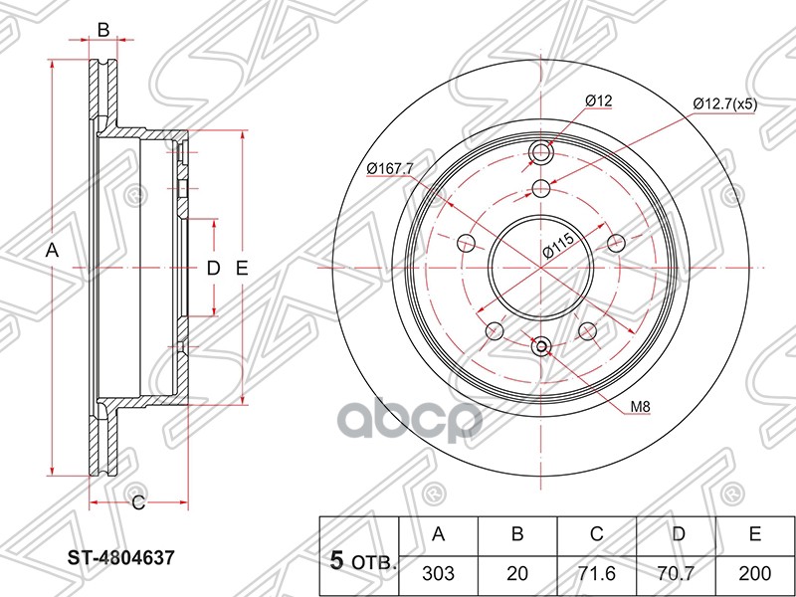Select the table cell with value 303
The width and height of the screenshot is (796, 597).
point(438,574)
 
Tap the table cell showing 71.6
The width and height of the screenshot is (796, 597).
point(597,574)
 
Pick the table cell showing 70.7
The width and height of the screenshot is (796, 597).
point(677,574)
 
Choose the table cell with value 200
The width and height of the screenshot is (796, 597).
point(755,574)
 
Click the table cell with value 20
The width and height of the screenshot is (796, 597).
point(517,574)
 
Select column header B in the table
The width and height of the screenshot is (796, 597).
point(517,535)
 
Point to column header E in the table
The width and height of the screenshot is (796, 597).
point(755,535)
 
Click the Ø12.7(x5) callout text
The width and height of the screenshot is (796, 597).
point(723,104)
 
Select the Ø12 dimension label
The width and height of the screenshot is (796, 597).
point(598,100)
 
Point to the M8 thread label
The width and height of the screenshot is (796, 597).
point(641,407)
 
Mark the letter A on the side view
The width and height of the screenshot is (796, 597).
point(54,253)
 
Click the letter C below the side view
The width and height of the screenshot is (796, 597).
point(138,503)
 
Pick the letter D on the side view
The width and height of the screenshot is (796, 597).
point(212,267)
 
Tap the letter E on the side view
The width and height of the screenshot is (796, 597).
point(242,267)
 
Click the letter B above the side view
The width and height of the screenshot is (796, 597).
point(102,30)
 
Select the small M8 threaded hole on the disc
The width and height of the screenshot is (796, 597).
point(541,346)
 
